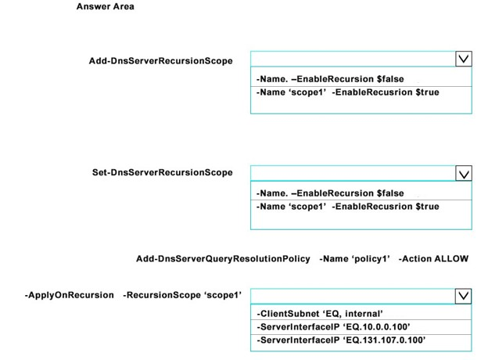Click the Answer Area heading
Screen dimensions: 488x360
[106, 6]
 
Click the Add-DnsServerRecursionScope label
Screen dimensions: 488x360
[160, 61]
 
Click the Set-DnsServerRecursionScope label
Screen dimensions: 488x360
[162, 172]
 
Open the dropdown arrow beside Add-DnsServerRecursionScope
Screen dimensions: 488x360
[464, 59]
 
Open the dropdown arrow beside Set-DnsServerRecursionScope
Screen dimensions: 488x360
[464, 173]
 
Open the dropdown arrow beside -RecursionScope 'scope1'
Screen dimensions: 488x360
[463, 296]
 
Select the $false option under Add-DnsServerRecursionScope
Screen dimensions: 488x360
[330, 79]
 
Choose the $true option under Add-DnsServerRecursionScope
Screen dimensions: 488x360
[348, 92]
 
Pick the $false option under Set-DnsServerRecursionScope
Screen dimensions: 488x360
[330, 193]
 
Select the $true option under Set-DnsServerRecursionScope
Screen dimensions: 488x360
[348, 207]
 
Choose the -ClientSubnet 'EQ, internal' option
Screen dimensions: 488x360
[320, 314]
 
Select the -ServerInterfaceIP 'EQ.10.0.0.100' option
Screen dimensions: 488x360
[333, 326]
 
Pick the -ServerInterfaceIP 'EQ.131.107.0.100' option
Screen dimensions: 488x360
[341, 340]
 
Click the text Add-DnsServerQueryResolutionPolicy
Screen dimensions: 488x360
[223, 259]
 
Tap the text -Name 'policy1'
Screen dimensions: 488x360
[354, 259]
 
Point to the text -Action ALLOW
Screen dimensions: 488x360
[433, 259]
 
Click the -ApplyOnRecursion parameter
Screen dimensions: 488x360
[70, 295]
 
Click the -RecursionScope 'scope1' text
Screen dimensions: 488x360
[182, 295]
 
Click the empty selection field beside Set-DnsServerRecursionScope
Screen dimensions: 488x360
[353, 173]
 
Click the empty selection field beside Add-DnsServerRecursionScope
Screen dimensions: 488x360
[353, 59]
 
